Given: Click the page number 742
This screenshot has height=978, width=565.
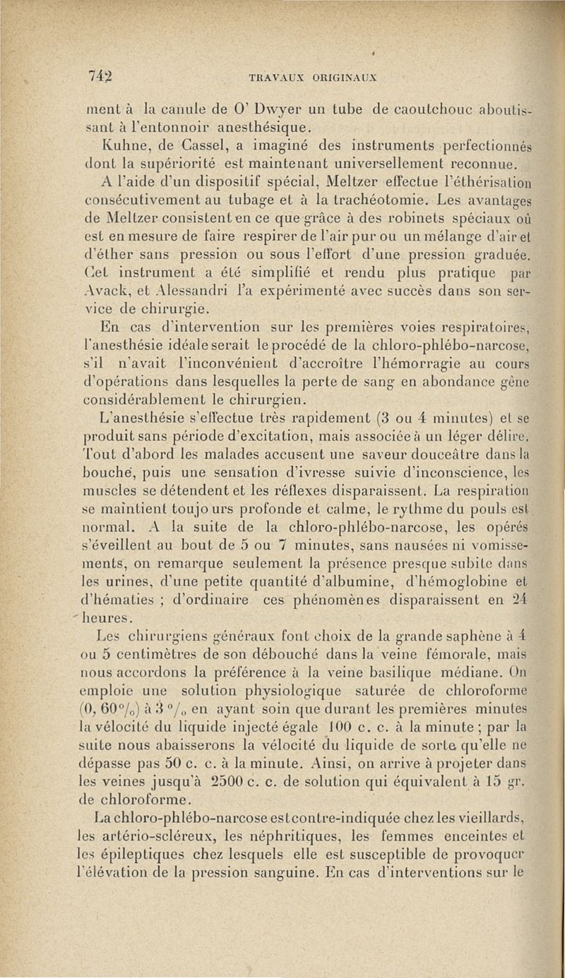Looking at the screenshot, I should point(102,76).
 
